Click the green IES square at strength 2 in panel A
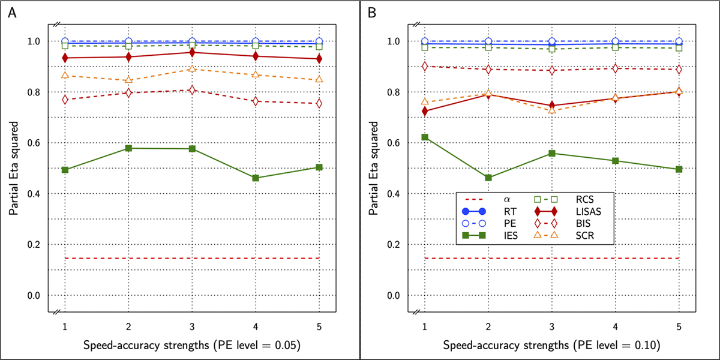pyautogui.click(x=128, y=148)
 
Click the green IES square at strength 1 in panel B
pyautogui.click(x=425, y=137)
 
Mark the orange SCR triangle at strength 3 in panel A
pyautogui.click(x=192, y=68)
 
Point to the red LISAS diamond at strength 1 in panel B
pyautogui.click(x=425, y=112)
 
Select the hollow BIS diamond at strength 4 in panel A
pyautogui.click(x=256, y=101)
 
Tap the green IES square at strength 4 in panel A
pyautogui.click(x=256, y=178)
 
